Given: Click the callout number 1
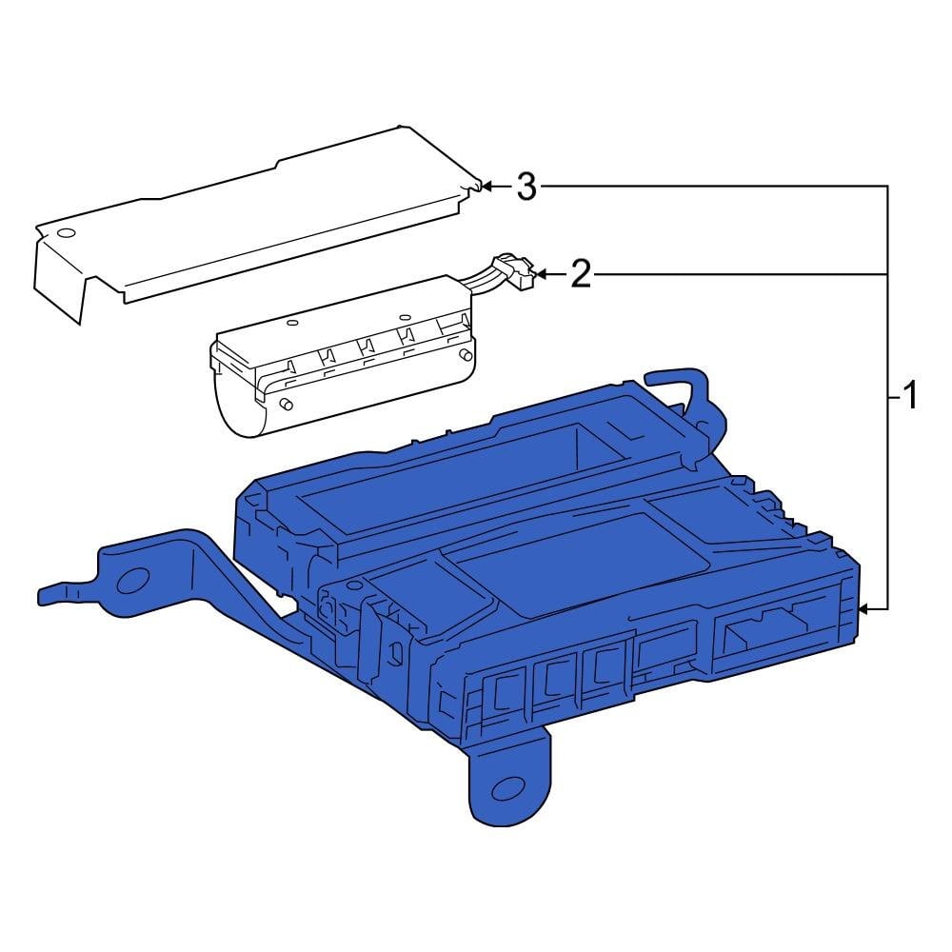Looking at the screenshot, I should tap(910, 394).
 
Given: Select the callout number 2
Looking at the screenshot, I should tap(581, 275).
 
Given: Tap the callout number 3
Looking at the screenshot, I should tap(526, 188).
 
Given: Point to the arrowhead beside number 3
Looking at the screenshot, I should tap(486, 187).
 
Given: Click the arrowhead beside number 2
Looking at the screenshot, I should tap(540, 275).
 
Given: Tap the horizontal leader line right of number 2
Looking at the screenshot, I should tap(743, 275).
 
